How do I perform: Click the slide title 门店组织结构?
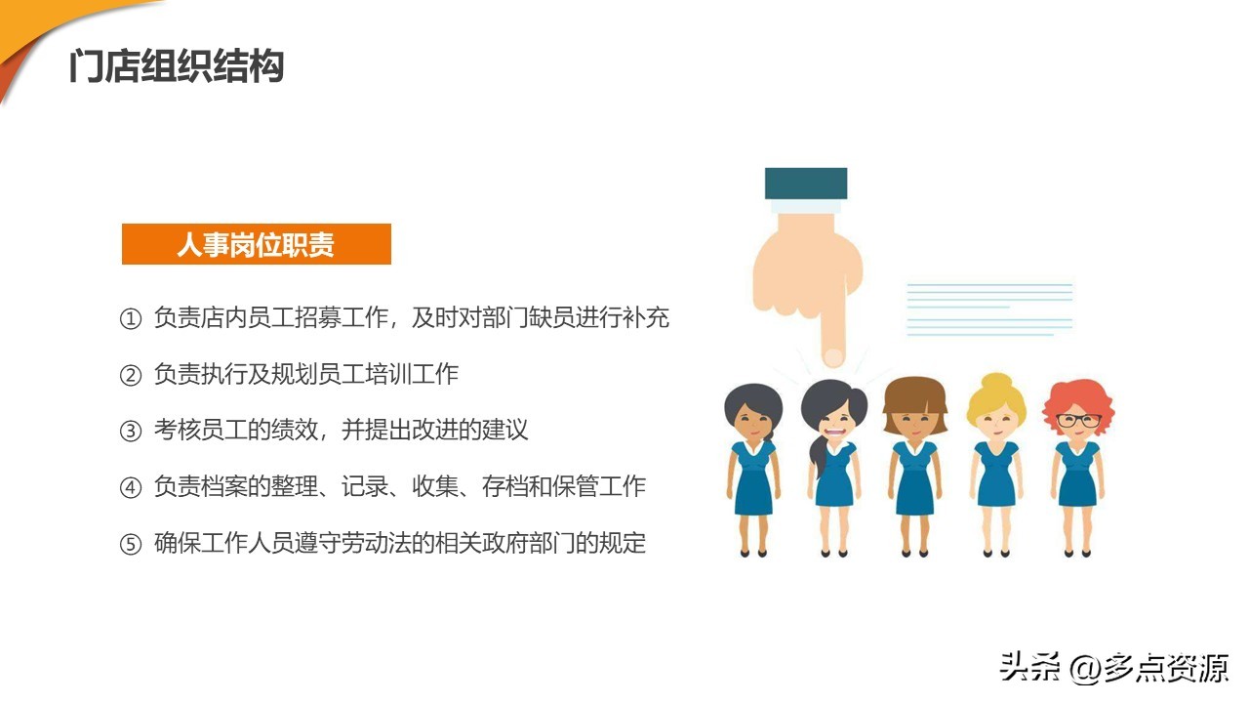(177, 67)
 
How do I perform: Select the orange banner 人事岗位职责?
(256, 244)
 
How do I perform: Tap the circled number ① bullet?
(131, 319)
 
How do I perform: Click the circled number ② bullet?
(131, 375)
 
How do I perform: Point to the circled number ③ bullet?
(131, 431)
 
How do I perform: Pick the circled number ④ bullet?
(131, 487)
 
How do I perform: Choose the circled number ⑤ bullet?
(131, 544)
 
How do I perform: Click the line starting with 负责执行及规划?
(306, 374)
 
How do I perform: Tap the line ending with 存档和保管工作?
(399, 486)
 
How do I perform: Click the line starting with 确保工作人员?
(400, 543)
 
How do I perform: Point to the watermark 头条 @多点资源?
(1113, 668)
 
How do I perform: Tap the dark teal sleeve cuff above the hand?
(806, 183)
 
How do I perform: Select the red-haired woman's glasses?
(1078, 421)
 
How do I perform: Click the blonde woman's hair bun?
(996, 382)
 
